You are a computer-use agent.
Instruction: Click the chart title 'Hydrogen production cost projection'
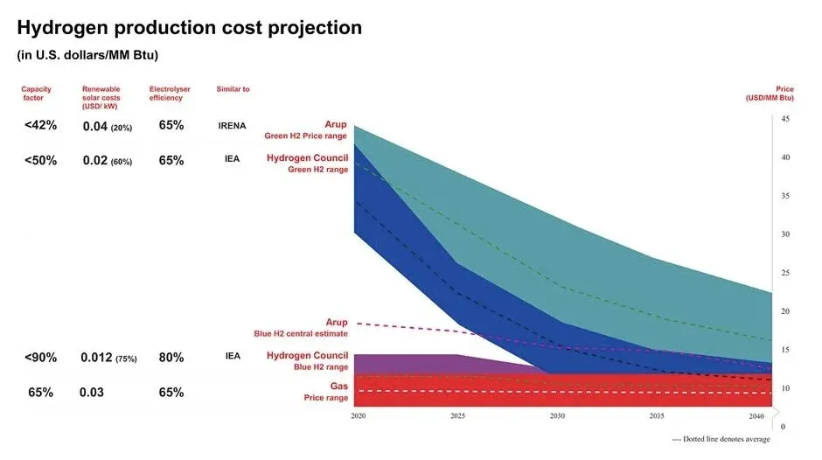tap(190, 28)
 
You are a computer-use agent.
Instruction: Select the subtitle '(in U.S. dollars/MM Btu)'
tap(87, 55)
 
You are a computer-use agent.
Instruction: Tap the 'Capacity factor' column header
tap(38, 94)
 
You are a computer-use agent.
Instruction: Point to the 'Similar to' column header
tap(233, 89)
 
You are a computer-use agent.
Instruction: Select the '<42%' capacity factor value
tap(40, 125)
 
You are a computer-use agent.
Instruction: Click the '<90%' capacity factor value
tap(40, 357)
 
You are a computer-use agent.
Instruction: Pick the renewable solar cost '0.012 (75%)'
tap(107, 357)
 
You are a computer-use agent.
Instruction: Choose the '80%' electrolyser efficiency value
tap(171, 357)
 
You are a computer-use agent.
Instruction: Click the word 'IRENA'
tap(233, 126)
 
